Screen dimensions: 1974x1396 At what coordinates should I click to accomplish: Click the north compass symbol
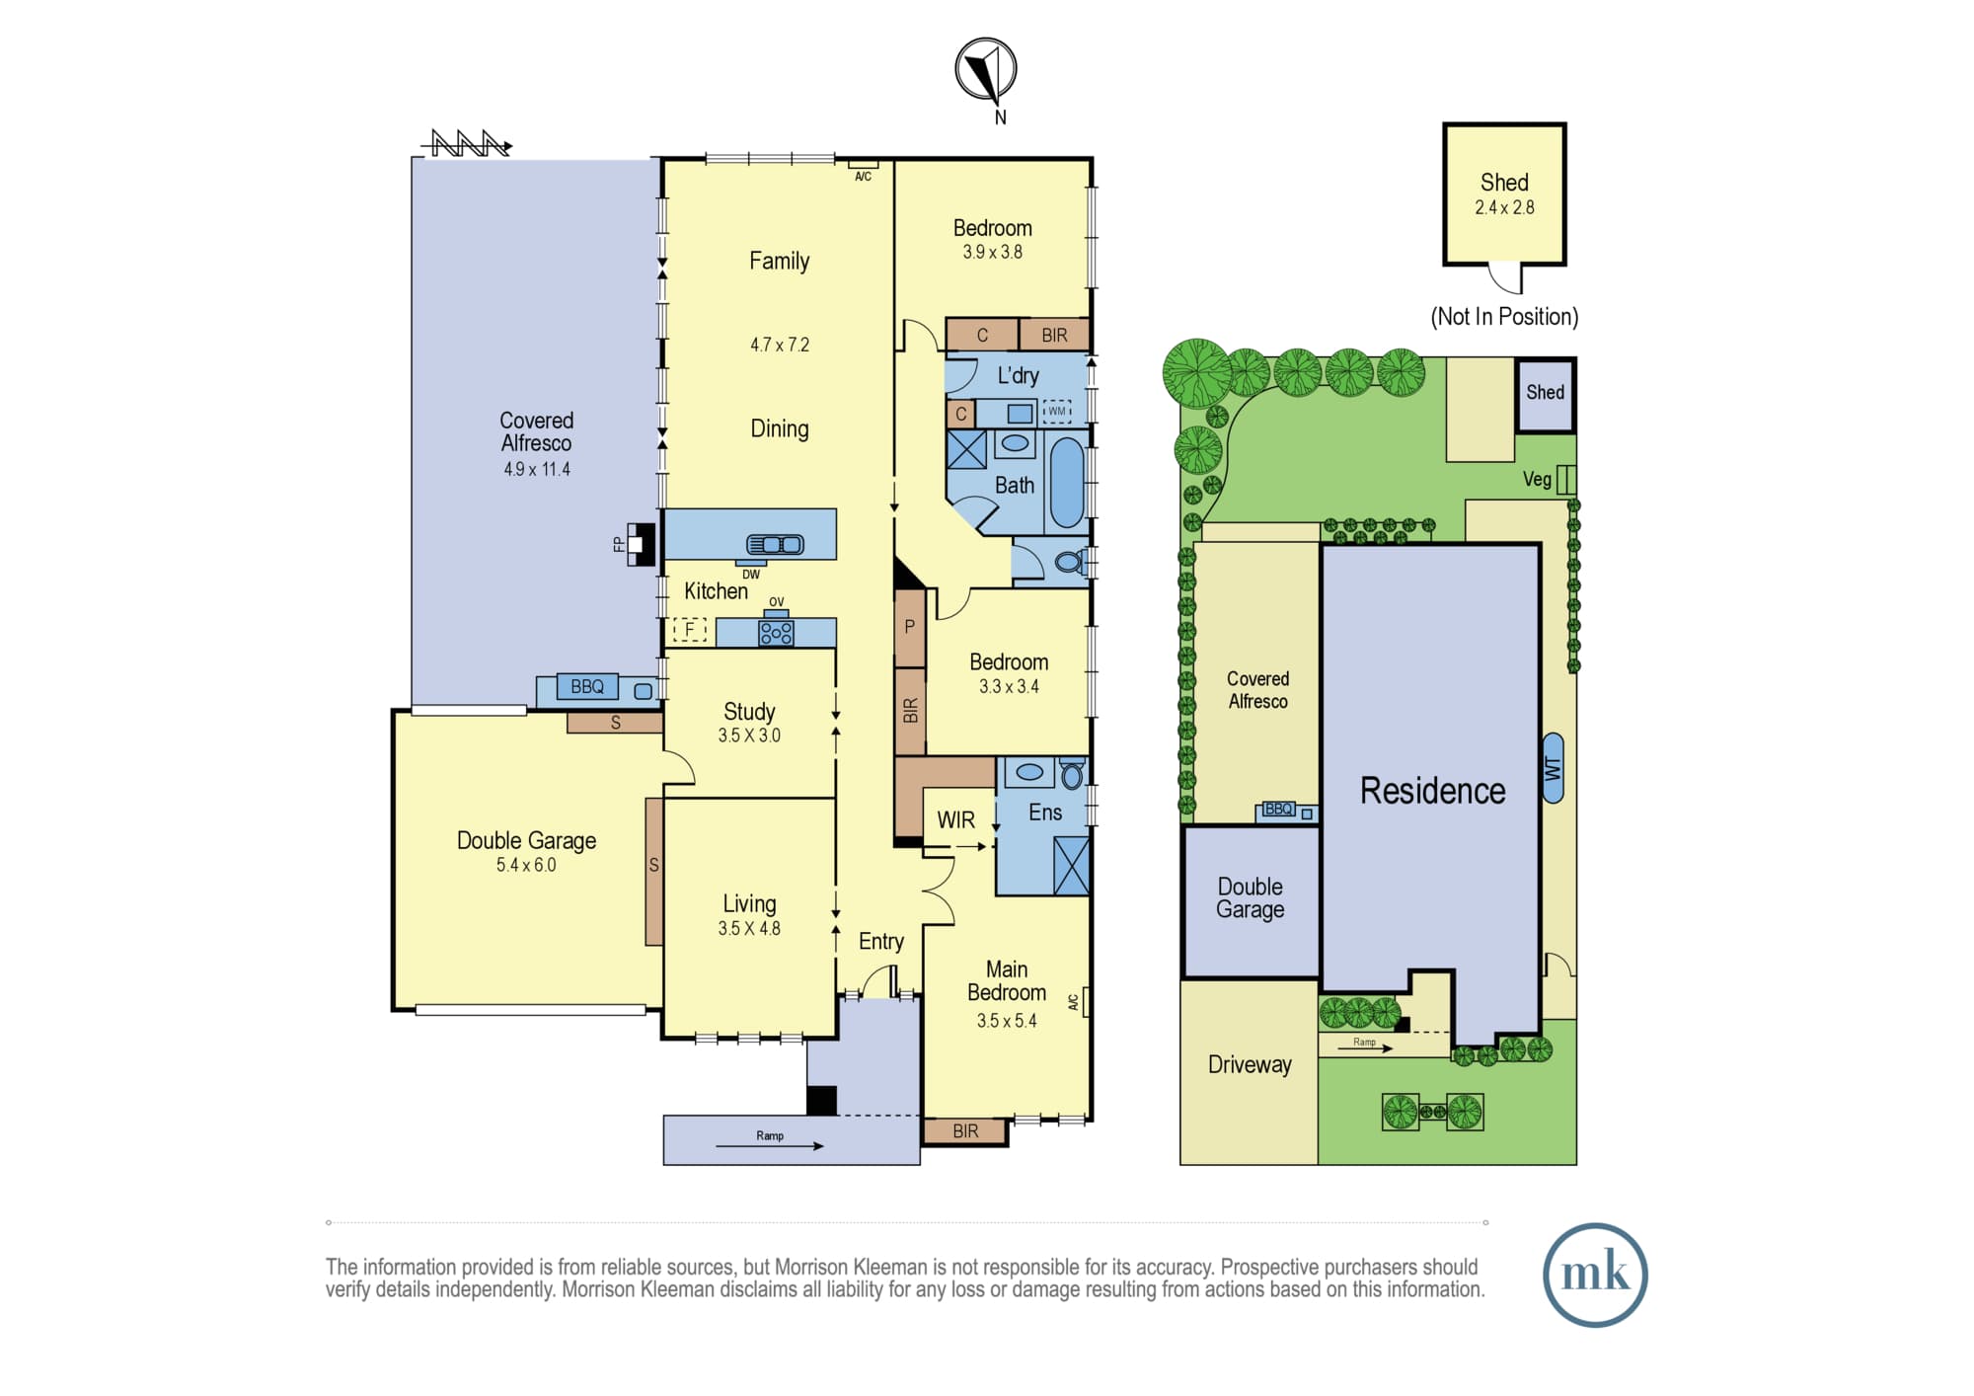point(985,69)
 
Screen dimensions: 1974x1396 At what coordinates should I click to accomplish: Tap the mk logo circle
point(1595,1275)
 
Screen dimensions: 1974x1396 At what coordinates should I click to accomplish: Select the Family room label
point(779,261)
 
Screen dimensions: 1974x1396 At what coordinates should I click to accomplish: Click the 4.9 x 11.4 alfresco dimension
point(537,469)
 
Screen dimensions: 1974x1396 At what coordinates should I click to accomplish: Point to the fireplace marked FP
point(641,543)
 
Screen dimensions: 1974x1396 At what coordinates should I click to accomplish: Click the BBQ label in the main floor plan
point(587,687)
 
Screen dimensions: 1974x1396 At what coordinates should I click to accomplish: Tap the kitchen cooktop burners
point(776,633)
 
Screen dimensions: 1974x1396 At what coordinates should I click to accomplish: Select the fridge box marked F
point(690,629)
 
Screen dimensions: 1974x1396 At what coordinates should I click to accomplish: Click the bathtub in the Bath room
point(1066,483)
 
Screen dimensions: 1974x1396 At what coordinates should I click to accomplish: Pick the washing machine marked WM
point(1057,411)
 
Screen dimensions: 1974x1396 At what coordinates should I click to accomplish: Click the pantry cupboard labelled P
point(910,627)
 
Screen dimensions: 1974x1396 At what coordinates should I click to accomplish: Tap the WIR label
point(955,819)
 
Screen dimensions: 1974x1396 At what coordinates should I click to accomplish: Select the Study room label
point(749,711)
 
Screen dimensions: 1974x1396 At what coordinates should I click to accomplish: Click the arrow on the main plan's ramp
point(770,1146)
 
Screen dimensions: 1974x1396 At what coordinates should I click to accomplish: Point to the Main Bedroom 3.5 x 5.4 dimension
point(1007,1021)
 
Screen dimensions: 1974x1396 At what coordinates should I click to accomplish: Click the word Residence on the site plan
point(1432,791)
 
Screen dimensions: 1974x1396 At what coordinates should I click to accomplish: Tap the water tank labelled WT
point(1553,768)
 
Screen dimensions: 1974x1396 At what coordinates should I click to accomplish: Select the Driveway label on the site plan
point(1250,1064)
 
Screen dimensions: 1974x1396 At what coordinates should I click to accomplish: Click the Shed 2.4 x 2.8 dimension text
point(1504,207)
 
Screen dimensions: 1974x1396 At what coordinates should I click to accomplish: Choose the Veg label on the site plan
point(1537,480)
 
